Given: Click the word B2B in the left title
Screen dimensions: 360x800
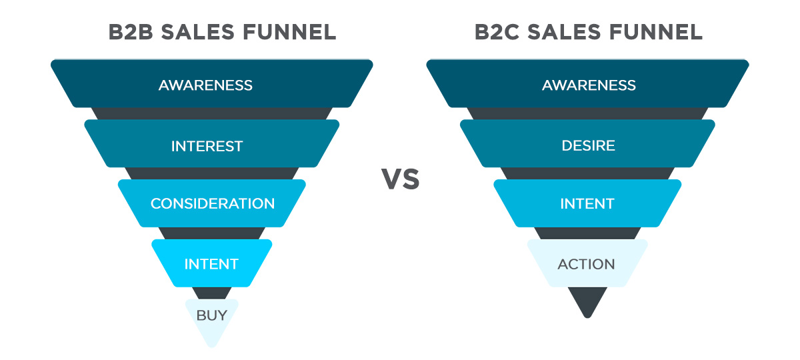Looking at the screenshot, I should (131, 32).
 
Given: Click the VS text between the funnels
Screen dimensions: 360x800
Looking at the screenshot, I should (400, 179).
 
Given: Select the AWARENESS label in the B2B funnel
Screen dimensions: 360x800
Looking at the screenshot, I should (205, 85).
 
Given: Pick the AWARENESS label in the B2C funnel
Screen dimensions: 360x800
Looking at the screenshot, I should (589, 85).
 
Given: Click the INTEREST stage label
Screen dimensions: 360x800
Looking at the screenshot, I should (207, 146).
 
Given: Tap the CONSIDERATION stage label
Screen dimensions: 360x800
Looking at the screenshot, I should (213, 203).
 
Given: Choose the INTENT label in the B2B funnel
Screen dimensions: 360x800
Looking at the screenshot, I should (211, 264).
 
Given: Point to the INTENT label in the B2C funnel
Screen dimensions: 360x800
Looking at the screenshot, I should (587, 203).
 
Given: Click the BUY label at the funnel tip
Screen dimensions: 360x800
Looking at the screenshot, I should (212, 315).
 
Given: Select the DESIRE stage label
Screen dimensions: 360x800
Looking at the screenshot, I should (588, 145).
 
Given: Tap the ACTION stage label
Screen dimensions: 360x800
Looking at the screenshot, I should (587, 264).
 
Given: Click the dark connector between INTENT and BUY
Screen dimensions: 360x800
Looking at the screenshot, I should (212, 293).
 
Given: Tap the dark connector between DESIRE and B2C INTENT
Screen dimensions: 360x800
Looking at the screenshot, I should (587, 173).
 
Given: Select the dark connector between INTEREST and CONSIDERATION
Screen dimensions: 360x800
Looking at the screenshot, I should (212, 173).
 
